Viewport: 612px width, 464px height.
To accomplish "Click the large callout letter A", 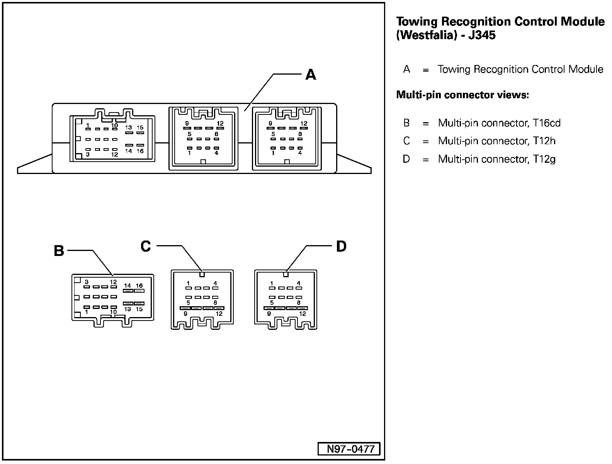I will tap(311, 74).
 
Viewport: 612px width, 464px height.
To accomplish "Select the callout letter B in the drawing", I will tap(59, 251).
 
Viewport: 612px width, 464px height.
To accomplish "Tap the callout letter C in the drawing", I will tap(146, 246).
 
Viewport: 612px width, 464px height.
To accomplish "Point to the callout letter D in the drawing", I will tap(341, 246).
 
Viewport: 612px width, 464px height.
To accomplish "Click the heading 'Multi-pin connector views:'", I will tap(462, 95).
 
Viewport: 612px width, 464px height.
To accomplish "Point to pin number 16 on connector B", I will tap(139, 286).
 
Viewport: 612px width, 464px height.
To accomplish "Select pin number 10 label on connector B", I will tap(114, 312).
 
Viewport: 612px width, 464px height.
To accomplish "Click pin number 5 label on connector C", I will tap(188, 302).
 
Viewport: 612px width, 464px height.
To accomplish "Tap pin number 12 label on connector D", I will tap(303, 314).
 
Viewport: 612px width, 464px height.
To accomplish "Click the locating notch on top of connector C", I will tap(202, 275).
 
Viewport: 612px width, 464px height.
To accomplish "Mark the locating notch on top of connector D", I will tap(286, 275).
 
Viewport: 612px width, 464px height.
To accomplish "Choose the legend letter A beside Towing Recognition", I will tap(406, 70).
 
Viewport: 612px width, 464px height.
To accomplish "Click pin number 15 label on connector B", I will tap(139, 309).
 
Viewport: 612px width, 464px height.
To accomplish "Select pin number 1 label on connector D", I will tap(272, 283).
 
